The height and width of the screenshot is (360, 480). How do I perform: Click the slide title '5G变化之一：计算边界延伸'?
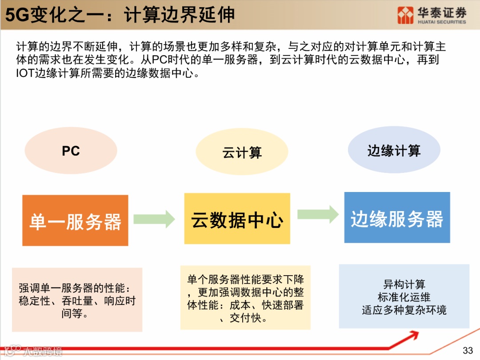coord(120,15)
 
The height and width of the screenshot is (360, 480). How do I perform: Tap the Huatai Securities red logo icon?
coord(405,15)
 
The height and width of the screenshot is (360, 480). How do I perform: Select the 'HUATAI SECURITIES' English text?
coord(442,22)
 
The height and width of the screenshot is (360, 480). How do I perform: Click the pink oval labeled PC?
coord(71,151)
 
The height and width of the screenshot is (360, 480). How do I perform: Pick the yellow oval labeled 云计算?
coord(242,153)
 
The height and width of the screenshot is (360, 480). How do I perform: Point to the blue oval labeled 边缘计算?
coord(394,151)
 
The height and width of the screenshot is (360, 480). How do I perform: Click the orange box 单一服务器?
coord(75,220)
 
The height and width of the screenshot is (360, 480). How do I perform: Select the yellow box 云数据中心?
coord(237,219)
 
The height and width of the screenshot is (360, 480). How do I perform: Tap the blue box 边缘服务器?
coord(397,218)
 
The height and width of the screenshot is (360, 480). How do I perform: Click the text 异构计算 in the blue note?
coord(404,284)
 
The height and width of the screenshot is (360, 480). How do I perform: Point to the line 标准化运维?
coord(404,297)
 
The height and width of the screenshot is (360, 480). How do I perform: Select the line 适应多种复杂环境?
coord(404,310)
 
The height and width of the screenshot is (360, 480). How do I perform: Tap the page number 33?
coord(468,351)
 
